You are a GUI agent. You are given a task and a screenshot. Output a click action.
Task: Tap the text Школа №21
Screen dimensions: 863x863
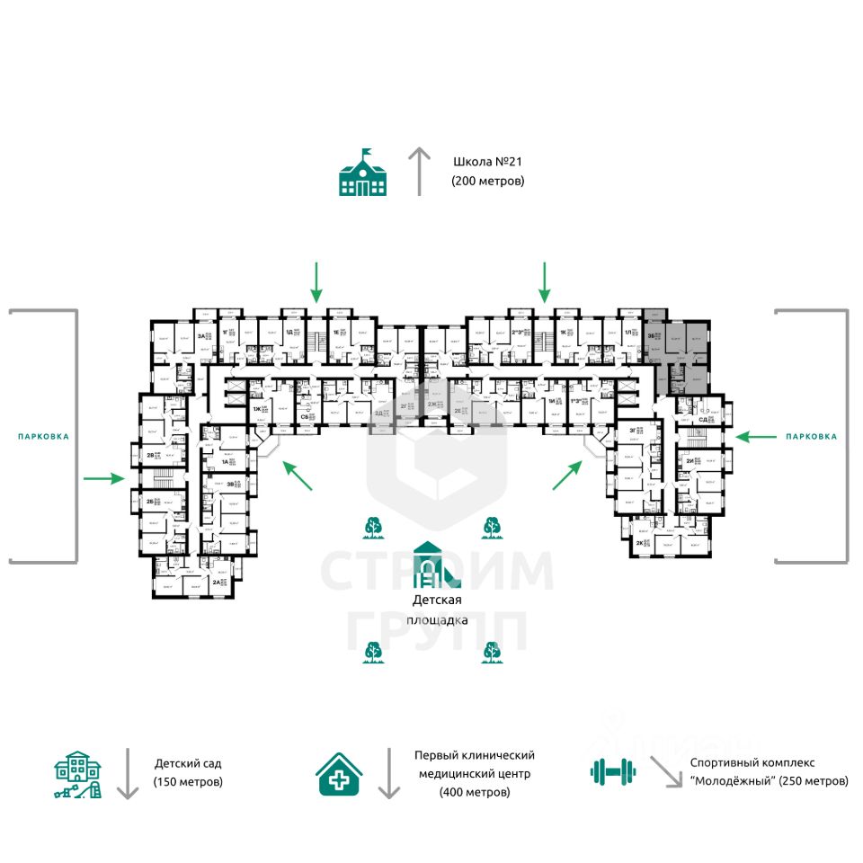pos(486,162)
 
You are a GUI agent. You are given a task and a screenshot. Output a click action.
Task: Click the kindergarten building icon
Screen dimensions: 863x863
pos(78,774)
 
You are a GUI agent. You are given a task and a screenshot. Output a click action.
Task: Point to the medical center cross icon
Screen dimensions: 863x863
pos(340,772)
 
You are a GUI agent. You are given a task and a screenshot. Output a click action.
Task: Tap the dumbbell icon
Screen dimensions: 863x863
pos(612,770)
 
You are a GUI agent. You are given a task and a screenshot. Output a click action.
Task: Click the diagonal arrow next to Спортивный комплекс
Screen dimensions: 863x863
pos(666,772)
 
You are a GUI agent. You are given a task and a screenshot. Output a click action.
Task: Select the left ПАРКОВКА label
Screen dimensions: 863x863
pos(43,436)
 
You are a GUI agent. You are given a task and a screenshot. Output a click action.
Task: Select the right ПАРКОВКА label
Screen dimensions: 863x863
pos(811,436)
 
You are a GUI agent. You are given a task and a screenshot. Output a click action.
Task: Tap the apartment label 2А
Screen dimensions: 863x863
pos(216,583)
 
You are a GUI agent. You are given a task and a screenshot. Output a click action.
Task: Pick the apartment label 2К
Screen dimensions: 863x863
pos(639,544)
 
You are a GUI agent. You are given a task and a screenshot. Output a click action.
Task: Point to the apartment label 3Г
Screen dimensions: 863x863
pos(633,431)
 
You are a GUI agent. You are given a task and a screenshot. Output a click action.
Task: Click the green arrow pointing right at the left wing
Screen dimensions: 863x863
pos(103,478)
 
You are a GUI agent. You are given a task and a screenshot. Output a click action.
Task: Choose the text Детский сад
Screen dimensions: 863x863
pos(186,763)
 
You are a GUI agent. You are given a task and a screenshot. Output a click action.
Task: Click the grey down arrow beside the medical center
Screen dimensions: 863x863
pos(388,772)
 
